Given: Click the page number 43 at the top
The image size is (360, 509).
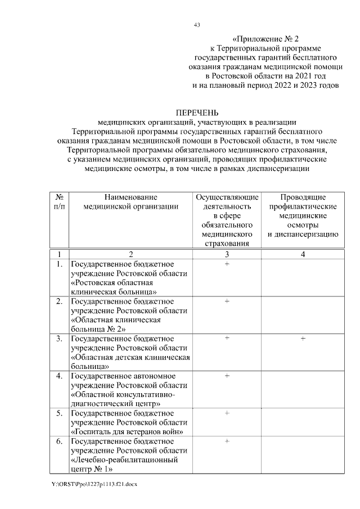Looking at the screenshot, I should [196, 25].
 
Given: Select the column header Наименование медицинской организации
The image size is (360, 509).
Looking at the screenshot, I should [130, 202].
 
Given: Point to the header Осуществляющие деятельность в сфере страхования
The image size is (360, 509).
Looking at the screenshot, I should [227, 220].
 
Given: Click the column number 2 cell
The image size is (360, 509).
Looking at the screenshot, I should [130, 254].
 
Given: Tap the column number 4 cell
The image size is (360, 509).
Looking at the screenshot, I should [303, 254].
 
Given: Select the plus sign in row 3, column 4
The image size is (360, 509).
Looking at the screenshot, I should [303, 339].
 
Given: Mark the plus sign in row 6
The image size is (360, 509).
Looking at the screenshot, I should [227, 441].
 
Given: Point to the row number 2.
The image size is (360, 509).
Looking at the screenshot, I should [59, 301].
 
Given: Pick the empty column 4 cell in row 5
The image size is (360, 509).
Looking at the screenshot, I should [303, 422].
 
